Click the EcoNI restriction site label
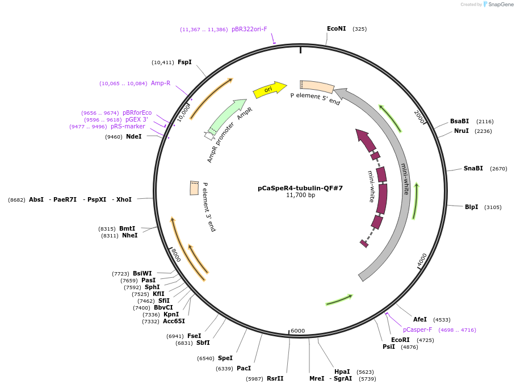point(336,28)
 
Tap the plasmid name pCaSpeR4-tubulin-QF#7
point(300,187)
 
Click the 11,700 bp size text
point(300,195)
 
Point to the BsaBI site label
point(459,121)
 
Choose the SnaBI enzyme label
point(473,168)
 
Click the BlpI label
point(471,207)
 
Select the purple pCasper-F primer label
point(417,329)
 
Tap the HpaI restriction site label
point(342,372)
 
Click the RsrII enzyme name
point(275,378)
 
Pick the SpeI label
point(225,358)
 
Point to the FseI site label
point(194,336)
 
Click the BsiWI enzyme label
point(142,273)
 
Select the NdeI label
point(133,136)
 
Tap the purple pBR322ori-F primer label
point(249,29)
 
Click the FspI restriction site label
point(184,62)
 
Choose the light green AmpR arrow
point(227,116)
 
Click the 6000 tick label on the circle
point(297,331)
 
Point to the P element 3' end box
point(194,188)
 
